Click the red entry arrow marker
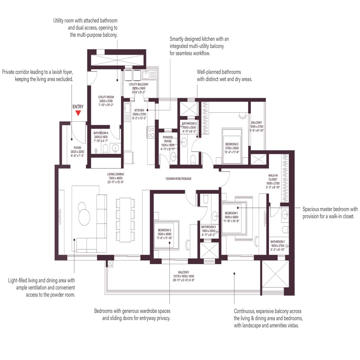(78, 113)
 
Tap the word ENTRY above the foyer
(78, 107)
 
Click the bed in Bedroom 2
(232, 146)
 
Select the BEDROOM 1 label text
(231, 213)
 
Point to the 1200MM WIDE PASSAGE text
(178, 179)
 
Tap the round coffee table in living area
(84, 215)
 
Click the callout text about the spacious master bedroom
(330, 213)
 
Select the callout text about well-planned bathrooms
(224, 76)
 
